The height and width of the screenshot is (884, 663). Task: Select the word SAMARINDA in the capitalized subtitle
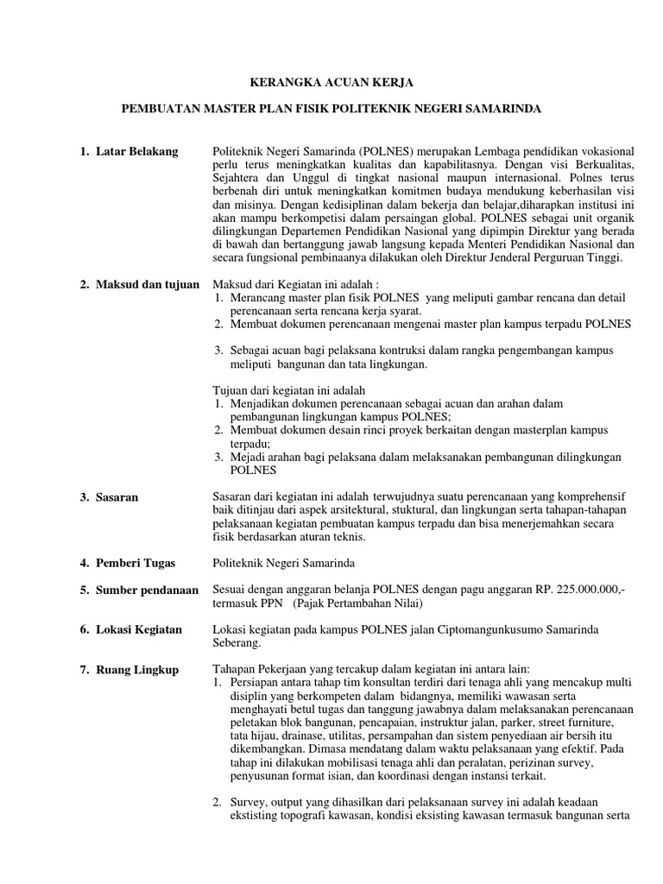(x=500, y=110)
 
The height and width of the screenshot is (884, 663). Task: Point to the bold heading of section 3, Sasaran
(x=118, y=497)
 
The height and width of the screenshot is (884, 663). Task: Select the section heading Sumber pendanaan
(x=147, y=589)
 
